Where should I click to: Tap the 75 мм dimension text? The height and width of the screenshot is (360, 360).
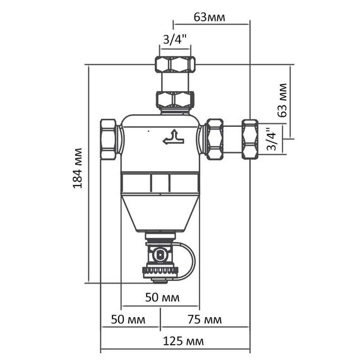click(205, 320)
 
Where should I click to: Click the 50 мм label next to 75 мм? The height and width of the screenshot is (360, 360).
click(128, 320)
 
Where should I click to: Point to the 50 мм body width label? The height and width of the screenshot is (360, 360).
click(162, 297)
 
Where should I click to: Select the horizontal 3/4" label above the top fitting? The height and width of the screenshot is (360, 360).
click(174, 40)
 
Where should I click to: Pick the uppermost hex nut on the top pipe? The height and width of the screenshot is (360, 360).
click(175, 63)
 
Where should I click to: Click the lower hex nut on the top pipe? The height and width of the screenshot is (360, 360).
click(175, 99)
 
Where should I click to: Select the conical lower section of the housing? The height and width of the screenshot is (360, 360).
click(160, 212)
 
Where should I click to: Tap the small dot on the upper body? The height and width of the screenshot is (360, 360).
click(148, 132)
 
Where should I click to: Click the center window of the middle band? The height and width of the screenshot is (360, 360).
click(160, 184)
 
